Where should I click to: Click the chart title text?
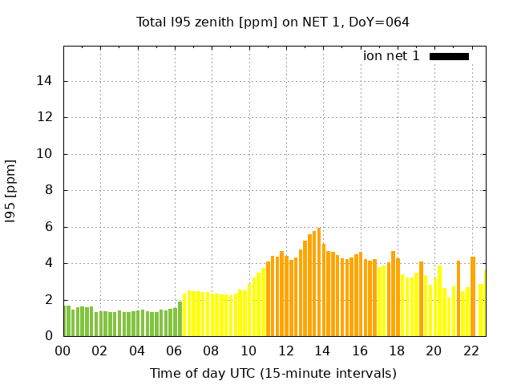[273, 22]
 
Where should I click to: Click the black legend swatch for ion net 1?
[449, 56]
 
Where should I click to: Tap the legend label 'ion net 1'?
[391, 56]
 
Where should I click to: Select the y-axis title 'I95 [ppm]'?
[11, 192]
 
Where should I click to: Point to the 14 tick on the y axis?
[46, 81]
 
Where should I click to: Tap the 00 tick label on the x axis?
[63, 351]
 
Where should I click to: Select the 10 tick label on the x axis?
[248, 351]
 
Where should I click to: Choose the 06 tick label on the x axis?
[174, 351]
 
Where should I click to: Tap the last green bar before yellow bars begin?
[180, 319]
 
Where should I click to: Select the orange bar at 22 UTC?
[473, 297]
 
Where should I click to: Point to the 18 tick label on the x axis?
[396, 351]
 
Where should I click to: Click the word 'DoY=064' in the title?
[382, 22]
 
